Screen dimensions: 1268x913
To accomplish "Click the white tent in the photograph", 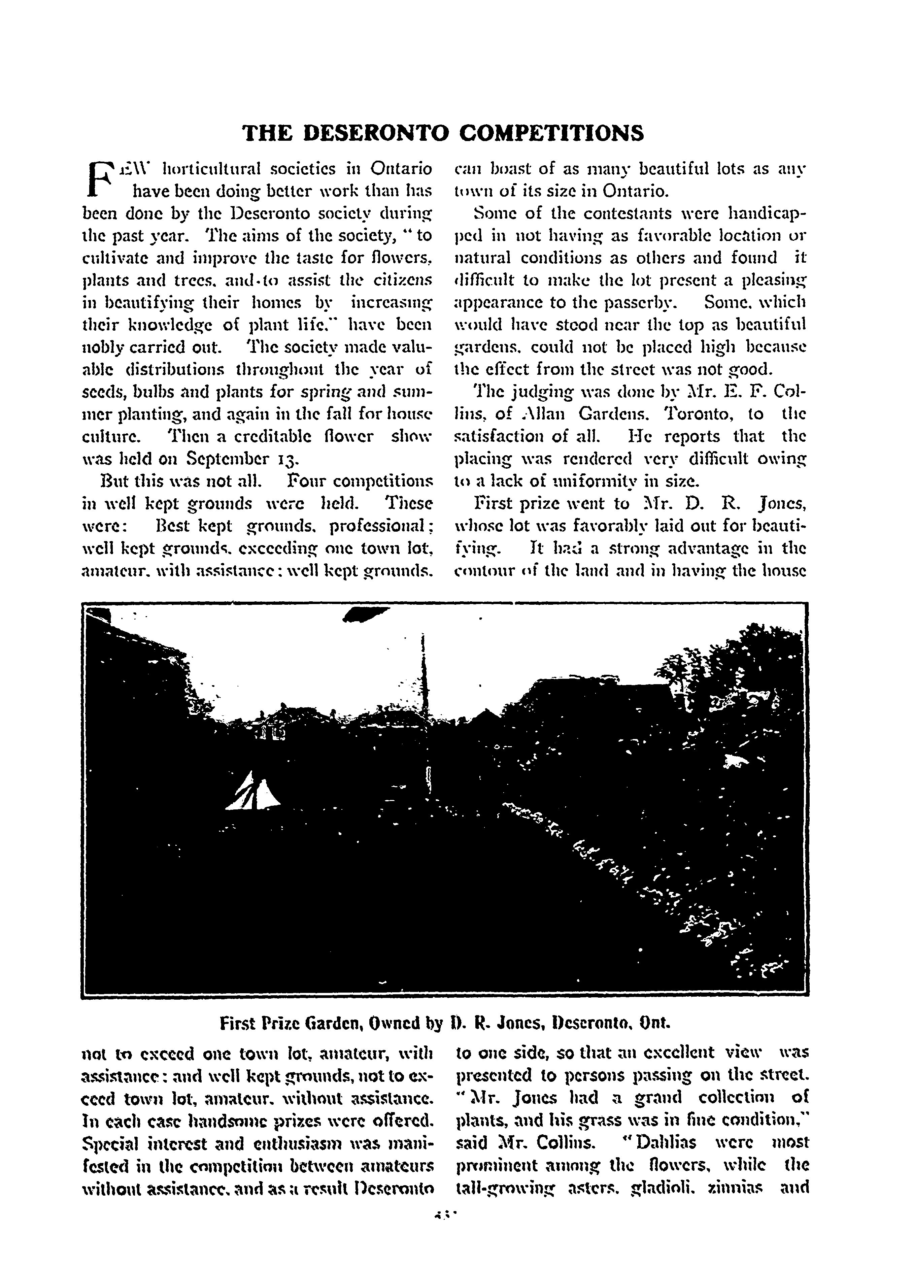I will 255,791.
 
